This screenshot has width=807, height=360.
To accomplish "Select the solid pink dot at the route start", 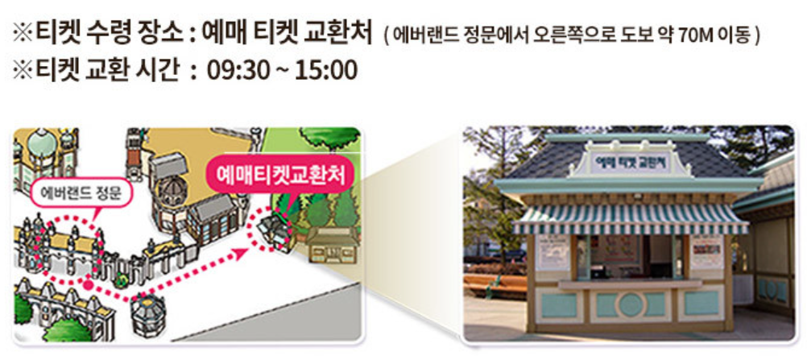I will tap(86, 283).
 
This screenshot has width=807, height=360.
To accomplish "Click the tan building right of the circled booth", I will tap(330, 246).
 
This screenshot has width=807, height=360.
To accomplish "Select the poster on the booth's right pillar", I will tap(706, 252).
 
